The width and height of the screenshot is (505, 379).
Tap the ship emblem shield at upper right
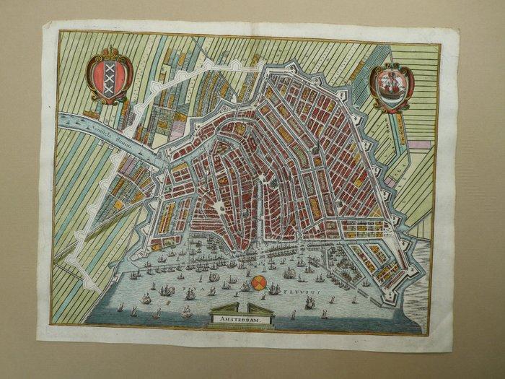click(x=391, y=87)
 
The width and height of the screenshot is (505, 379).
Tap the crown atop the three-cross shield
click(x=110, y=53)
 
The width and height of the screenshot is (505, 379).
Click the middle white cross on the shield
click(x=110, y=76)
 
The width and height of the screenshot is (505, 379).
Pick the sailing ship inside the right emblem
click(x=391, y=85)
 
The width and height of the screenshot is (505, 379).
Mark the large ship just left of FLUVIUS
click(x=275, y=289)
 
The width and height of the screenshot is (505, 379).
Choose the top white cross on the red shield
click(x=110, y=66)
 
